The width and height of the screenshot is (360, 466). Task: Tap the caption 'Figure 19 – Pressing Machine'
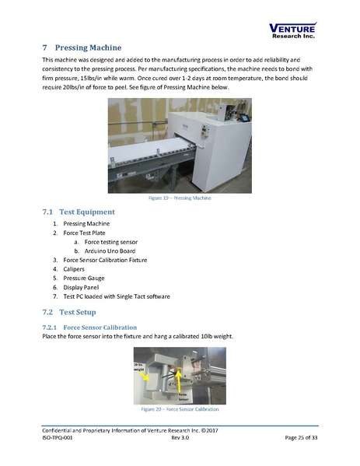point(180,198)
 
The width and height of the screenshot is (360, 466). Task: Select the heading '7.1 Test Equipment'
point(79,212)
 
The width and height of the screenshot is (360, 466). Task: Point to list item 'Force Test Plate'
point(87,233)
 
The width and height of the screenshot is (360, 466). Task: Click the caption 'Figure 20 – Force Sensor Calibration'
point(180,408)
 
